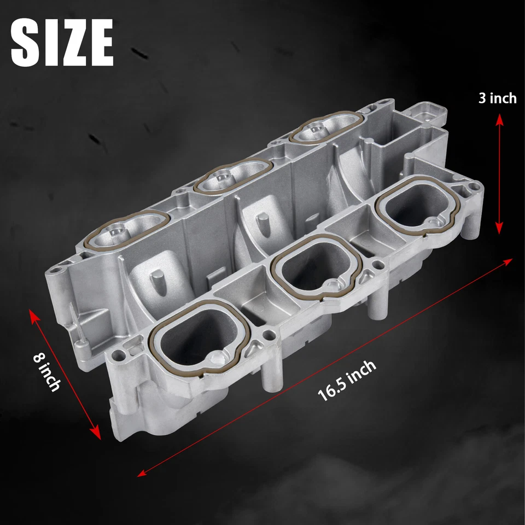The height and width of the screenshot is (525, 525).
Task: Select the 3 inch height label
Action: click(x=497, y=98)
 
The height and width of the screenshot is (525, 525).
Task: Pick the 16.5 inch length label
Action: click(x=347, y=381)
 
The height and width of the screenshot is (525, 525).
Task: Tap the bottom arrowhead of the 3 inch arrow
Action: click(x=499, y=231)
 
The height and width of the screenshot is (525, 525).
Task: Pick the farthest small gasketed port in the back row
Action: click(x=325, y=129)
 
